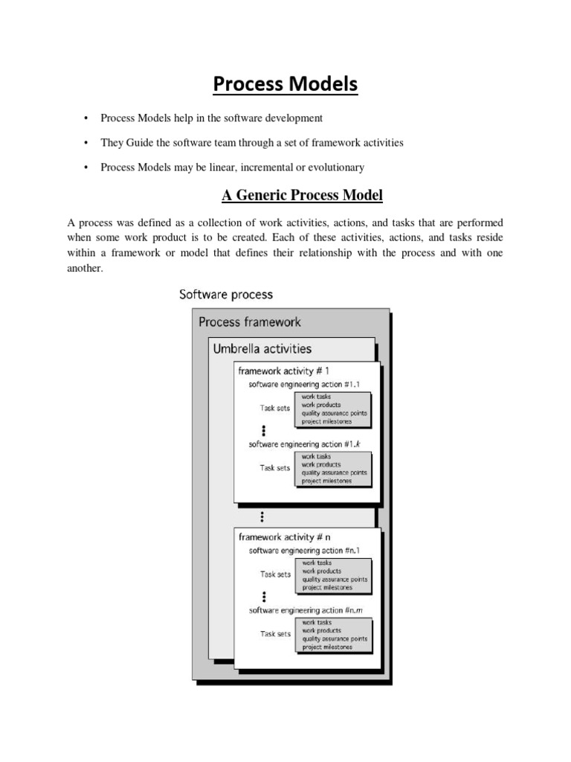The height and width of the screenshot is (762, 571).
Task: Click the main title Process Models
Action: (285, 86)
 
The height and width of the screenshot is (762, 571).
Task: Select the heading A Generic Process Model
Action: (302, 196)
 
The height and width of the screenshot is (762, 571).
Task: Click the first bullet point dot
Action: (86, 118)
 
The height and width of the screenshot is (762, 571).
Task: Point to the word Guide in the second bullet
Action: (138, 143)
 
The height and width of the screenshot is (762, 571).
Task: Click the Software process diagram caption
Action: (226, 294)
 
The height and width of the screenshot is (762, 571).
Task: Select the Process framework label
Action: (249, 322)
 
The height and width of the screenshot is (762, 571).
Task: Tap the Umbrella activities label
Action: (262, 348)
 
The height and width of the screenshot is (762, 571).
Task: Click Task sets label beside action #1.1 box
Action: (275, 409)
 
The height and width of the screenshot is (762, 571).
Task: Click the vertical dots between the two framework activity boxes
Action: (263, 516)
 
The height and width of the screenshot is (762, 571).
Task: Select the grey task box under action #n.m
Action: (334, 635)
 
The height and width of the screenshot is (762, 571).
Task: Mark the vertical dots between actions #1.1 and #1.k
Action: (263, 430)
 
